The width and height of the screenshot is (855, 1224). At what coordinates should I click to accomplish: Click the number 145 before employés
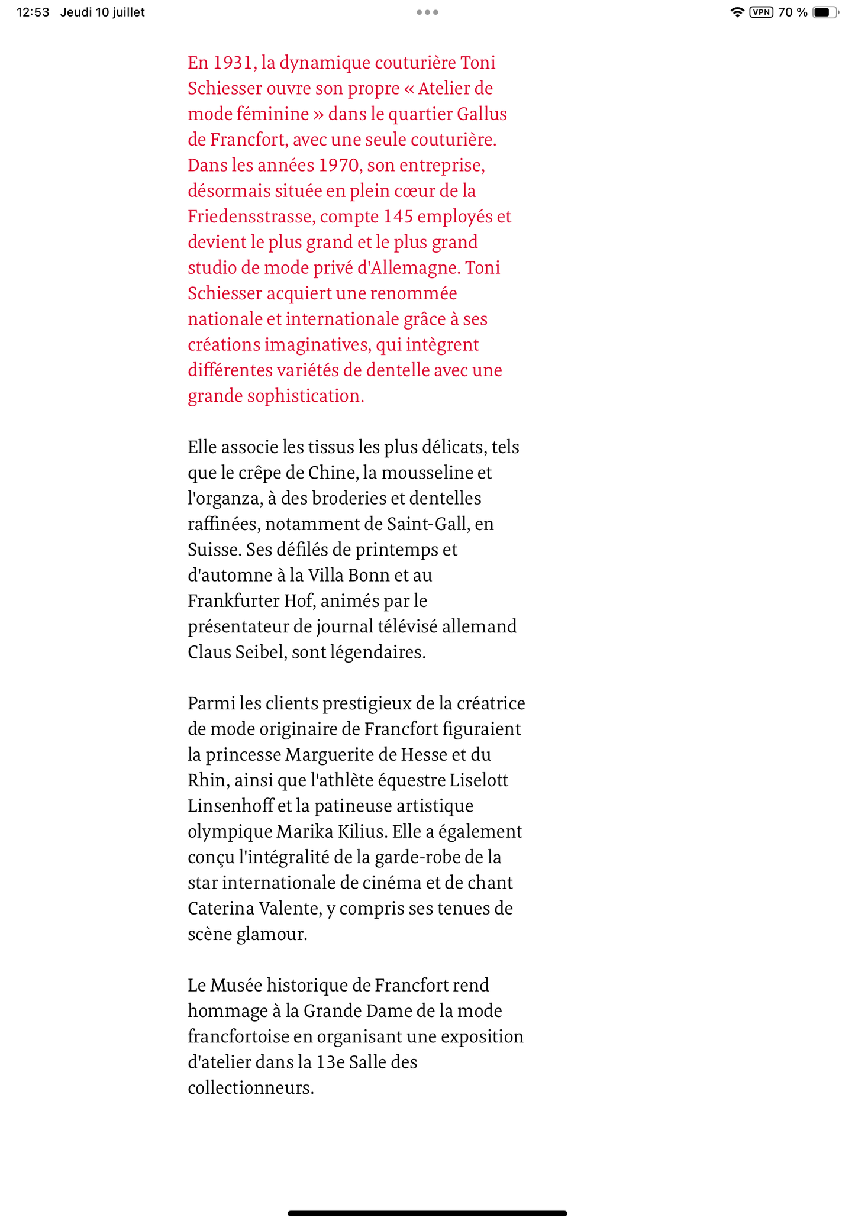coord(398,217)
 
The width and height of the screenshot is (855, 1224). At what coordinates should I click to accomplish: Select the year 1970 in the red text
coord(339,165)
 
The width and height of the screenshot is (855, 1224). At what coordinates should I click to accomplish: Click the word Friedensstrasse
coord(250,217)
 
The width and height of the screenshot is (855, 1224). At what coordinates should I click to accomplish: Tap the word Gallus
coord(482,114)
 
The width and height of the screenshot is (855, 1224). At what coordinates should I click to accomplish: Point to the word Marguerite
coord(334,755)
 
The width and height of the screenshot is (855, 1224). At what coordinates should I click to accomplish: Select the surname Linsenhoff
coord(231,806)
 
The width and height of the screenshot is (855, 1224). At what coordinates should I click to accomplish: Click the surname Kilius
coord(362,832)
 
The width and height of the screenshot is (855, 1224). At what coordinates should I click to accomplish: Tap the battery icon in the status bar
coord(825,12)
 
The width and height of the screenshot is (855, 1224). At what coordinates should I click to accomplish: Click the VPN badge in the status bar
coord(761,12)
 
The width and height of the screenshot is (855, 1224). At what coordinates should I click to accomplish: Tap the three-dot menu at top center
coord(427,12)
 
